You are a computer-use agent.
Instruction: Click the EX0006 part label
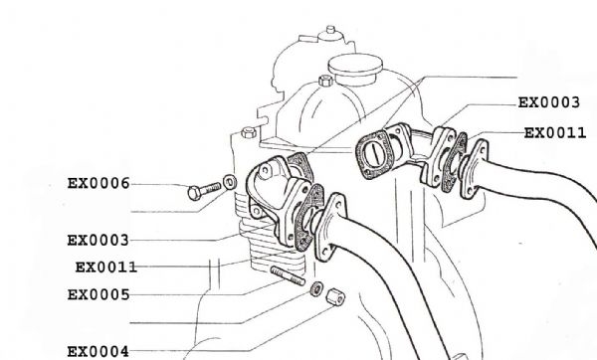99,183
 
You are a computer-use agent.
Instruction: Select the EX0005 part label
99,295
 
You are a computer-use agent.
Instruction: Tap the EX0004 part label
99,352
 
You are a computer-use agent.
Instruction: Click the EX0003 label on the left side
99,241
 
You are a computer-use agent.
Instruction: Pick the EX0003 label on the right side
549,102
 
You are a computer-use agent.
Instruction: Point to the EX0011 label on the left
105,268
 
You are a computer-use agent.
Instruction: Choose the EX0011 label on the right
555,133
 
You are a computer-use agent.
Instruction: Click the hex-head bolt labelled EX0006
204,191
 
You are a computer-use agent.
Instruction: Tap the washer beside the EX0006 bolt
230,182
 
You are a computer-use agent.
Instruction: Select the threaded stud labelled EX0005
288,275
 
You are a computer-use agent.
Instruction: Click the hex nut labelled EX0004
336,296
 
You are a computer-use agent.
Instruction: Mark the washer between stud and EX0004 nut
316,289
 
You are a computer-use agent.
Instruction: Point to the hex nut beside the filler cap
325,81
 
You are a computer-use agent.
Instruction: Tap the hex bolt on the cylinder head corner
249,132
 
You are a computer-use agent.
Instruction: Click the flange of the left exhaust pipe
330,227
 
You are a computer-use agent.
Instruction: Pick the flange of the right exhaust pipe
474,169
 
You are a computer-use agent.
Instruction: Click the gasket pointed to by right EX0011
455,162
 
